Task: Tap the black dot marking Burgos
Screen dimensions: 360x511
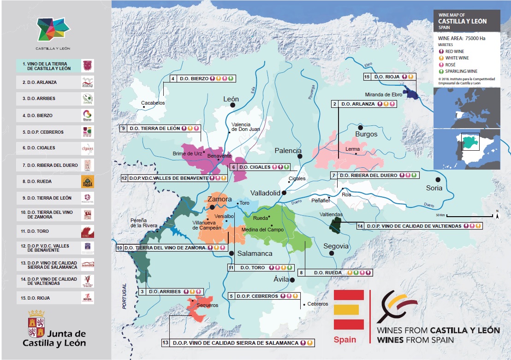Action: click(x=361, y=127)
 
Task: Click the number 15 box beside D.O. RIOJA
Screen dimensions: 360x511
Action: click(x=367, y=77)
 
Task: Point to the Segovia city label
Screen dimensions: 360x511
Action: click(x=336, y=246)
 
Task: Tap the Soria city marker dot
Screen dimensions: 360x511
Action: click(x=438, y=179)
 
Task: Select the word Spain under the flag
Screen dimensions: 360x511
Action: click(x=345, y=340)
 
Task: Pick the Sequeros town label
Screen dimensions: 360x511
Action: click(x=207, y=305)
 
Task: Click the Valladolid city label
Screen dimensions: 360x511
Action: click(x=265, y=193)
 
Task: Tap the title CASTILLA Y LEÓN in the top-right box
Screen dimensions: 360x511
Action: click(x=462, y=21)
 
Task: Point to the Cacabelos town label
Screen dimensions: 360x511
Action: click(x=153, y=102)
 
